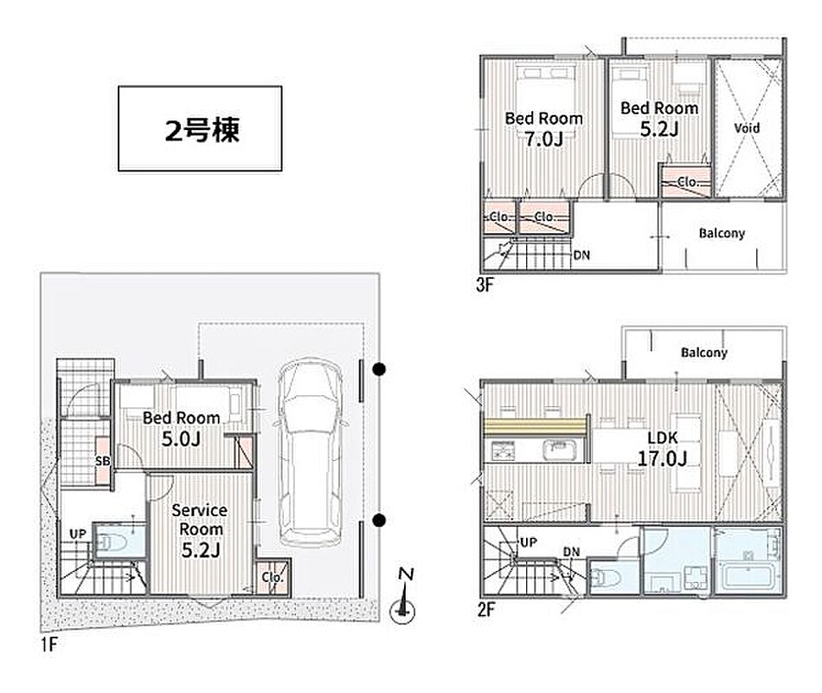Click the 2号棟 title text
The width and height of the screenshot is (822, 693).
pyautogui.click(x=202, y=130)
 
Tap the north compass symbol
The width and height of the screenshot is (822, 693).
pyautogui.click(x=403, y=599)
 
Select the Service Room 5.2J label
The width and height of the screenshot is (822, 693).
pyautogui.click(x=200, y=530)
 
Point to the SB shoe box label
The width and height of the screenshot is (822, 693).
pyautogui.click(x=103, y=461)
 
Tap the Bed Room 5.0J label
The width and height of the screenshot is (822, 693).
pyautogui.click(x=181, y=428)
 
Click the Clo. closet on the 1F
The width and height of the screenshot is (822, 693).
pyautogui.click(x=272, y=578)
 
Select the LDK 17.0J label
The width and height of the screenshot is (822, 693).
pyautogui.click(x=662, y=448)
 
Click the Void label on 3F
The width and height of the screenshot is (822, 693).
pyautogui.click(x=747, y=127)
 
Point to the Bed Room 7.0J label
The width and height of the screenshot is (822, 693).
pyautogui.click(x=543, y=128)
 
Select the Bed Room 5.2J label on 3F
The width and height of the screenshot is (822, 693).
pyautogui.click(x=659, y=119)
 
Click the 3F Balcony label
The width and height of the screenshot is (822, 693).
pyautogui.click(x=722, y=233)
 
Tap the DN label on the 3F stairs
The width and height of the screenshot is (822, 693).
pyautogui.click(x=581, y=256)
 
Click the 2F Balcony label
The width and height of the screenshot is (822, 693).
pyautogui.click(x=703, y=353)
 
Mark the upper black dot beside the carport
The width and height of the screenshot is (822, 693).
pyautogui.click(x=378, y=370)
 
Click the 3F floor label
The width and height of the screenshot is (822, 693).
pyautogui.click(x=485, y=284)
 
